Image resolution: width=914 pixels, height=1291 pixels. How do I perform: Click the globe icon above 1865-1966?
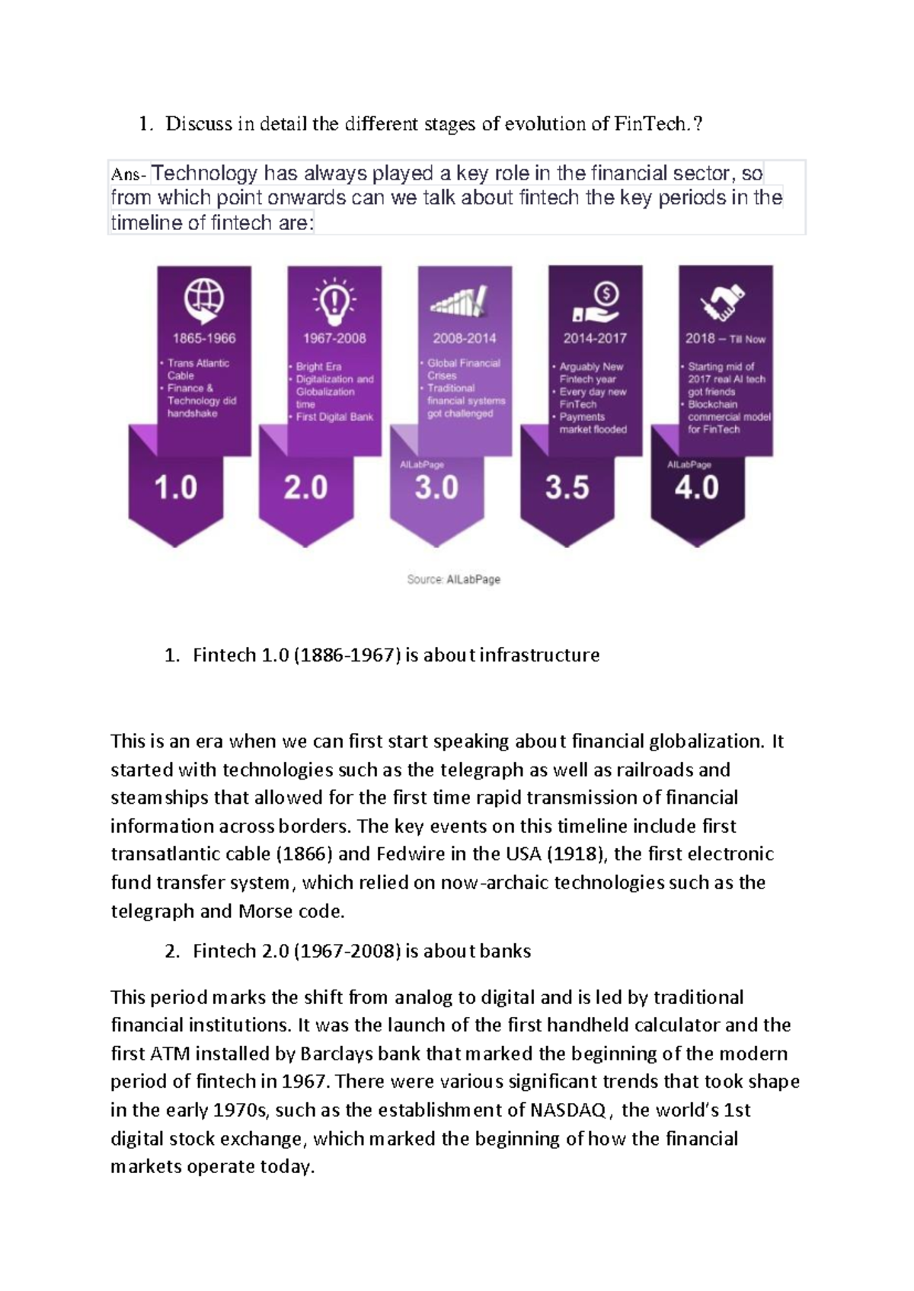204,301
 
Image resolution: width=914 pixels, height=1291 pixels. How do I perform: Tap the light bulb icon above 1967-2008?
334,301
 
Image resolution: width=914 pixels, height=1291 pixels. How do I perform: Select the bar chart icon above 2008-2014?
459,301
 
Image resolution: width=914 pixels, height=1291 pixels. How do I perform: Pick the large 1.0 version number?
176,488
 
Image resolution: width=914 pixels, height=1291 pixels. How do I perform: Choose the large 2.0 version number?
306,488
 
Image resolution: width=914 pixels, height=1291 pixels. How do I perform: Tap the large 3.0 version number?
436,488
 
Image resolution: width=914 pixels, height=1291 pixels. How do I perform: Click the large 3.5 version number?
567,488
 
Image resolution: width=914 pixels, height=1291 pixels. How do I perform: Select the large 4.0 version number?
697,488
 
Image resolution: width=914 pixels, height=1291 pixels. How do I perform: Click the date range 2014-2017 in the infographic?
595,339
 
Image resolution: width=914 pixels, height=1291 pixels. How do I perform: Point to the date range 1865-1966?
204,339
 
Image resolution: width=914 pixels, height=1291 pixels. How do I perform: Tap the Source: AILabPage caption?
454,579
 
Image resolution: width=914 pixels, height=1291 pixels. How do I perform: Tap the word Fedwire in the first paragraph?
411,854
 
